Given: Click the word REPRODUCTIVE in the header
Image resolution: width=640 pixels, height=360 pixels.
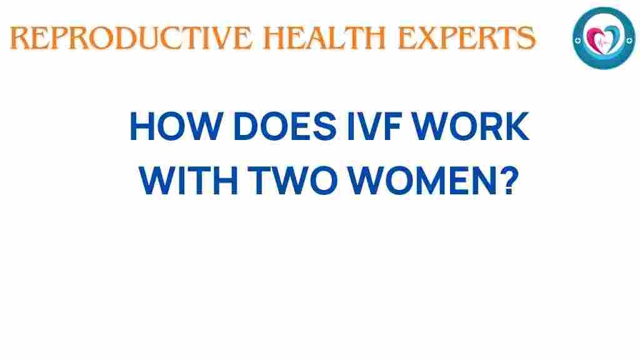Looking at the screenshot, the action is pyautogui.click(x=131, y=38).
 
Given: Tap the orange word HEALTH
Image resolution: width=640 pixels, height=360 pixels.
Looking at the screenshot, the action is pyautogui.click(x=324, y=38).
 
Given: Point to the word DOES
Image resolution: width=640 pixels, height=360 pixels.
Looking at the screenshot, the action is pyautogui.click(x=285, y=126).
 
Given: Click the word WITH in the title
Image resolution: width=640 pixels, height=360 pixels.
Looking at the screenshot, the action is pyautogui.click(x=189, y=180).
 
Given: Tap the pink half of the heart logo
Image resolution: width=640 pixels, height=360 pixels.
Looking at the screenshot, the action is pyautogui.click(x=595, y=39).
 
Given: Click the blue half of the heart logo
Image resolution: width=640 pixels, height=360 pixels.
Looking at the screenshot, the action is pyautogui.click(x=612, y=37).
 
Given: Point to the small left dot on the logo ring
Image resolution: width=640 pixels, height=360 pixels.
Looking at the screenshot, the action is pyautogui.click(x=577, y=41).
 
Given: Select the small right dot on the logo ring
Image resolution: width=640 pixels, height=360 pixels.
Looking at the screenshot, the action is pyautogui.click(x=630, y=40).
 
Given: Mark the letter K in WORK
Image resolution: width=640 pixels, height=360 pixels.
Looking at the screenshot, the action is pyautogui.click(x=516, y=126).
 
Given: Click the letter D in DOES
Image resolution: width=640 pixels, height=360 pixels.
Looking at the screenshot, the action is pyautogui.click(x=246, y=126).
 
